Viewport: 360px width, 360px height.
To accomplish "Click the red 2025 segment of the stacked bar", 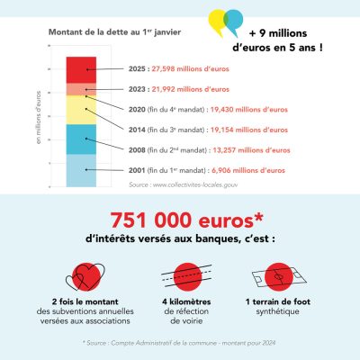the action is pyautogui.click(x=81, y=68).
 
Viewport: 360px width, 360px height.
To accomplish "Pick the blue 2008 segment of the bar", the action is pyautogui.click(x=81, y=139).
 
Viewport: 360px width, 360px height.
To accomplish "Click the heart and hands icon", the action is pyautogui.click(x=81, y=275).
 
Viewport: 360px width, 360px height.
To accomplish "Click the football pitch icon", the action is pyautogui.click(x=280, y=275).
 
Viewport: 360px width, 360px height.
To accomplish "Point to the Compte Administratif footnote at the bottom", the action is pyautogui.click(x=180, y=342).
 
